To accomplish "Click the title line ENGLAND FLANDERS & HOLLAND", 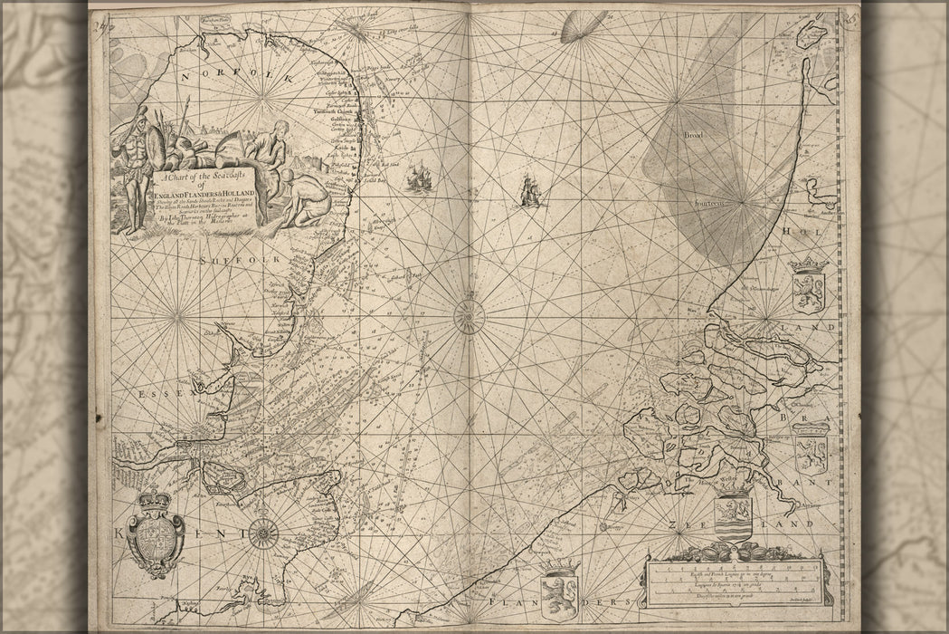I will click(x=205, y=193).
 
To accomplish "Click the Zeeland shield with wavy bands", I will click(x=733, y=514).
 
